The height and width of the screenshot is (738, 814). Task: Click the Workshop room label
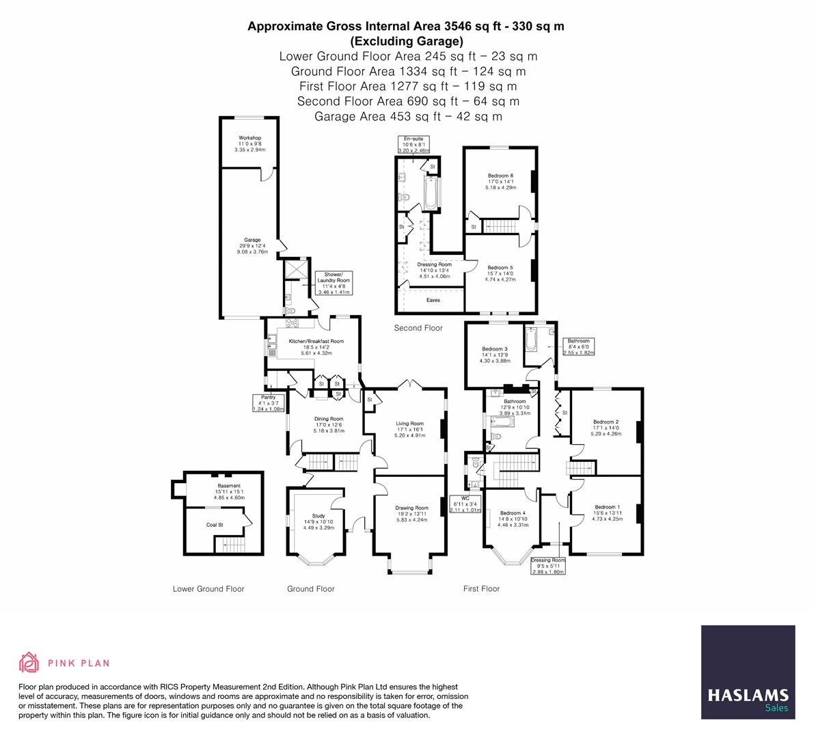(249, 143)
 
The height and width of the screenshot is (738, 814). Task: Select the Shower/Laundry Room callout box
(334, 284)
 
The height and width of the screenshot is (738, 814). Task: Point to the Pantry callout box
(267, 402)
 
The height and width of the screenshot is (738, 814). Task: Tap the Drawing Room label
(411, 513)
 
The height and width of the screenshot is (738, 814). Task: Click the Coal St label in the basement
(215, 525)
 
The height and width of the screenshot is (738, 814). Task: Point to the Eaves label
(433, 300)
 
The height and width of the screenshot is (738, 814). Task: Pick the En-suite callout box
(413, 144)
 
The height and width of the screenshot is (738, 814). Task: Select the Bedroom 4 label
(513, 517)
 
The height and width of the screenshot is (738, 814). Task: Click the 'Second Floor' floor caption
(418, 328)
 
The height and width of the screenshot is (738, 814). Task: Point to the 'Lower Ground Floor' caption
(208, 588)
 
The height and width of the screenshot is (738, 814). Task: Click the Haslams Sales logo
(748, 672)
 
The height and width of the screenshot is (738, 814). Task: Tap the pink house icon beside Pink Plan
(29, 662)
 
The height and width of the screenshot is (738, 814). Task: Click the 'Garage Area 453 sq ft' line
(408, 116)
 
